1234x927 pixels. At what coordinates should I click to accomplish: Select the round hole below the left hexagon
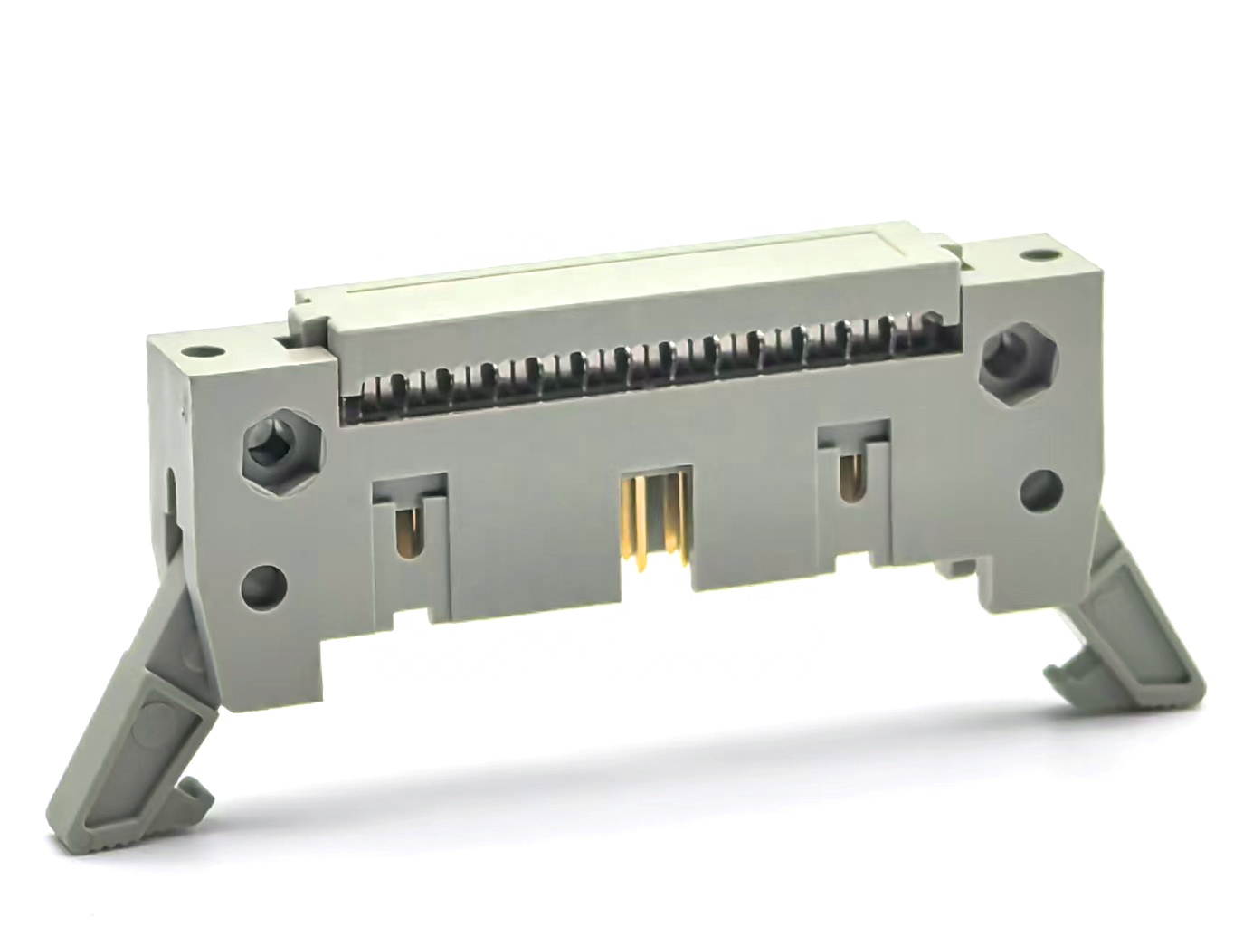263,584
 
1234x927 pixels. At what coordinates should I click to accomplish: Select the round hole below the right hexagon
1041,490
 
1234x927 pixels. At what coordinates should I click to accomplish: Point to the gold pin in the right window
848,476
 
